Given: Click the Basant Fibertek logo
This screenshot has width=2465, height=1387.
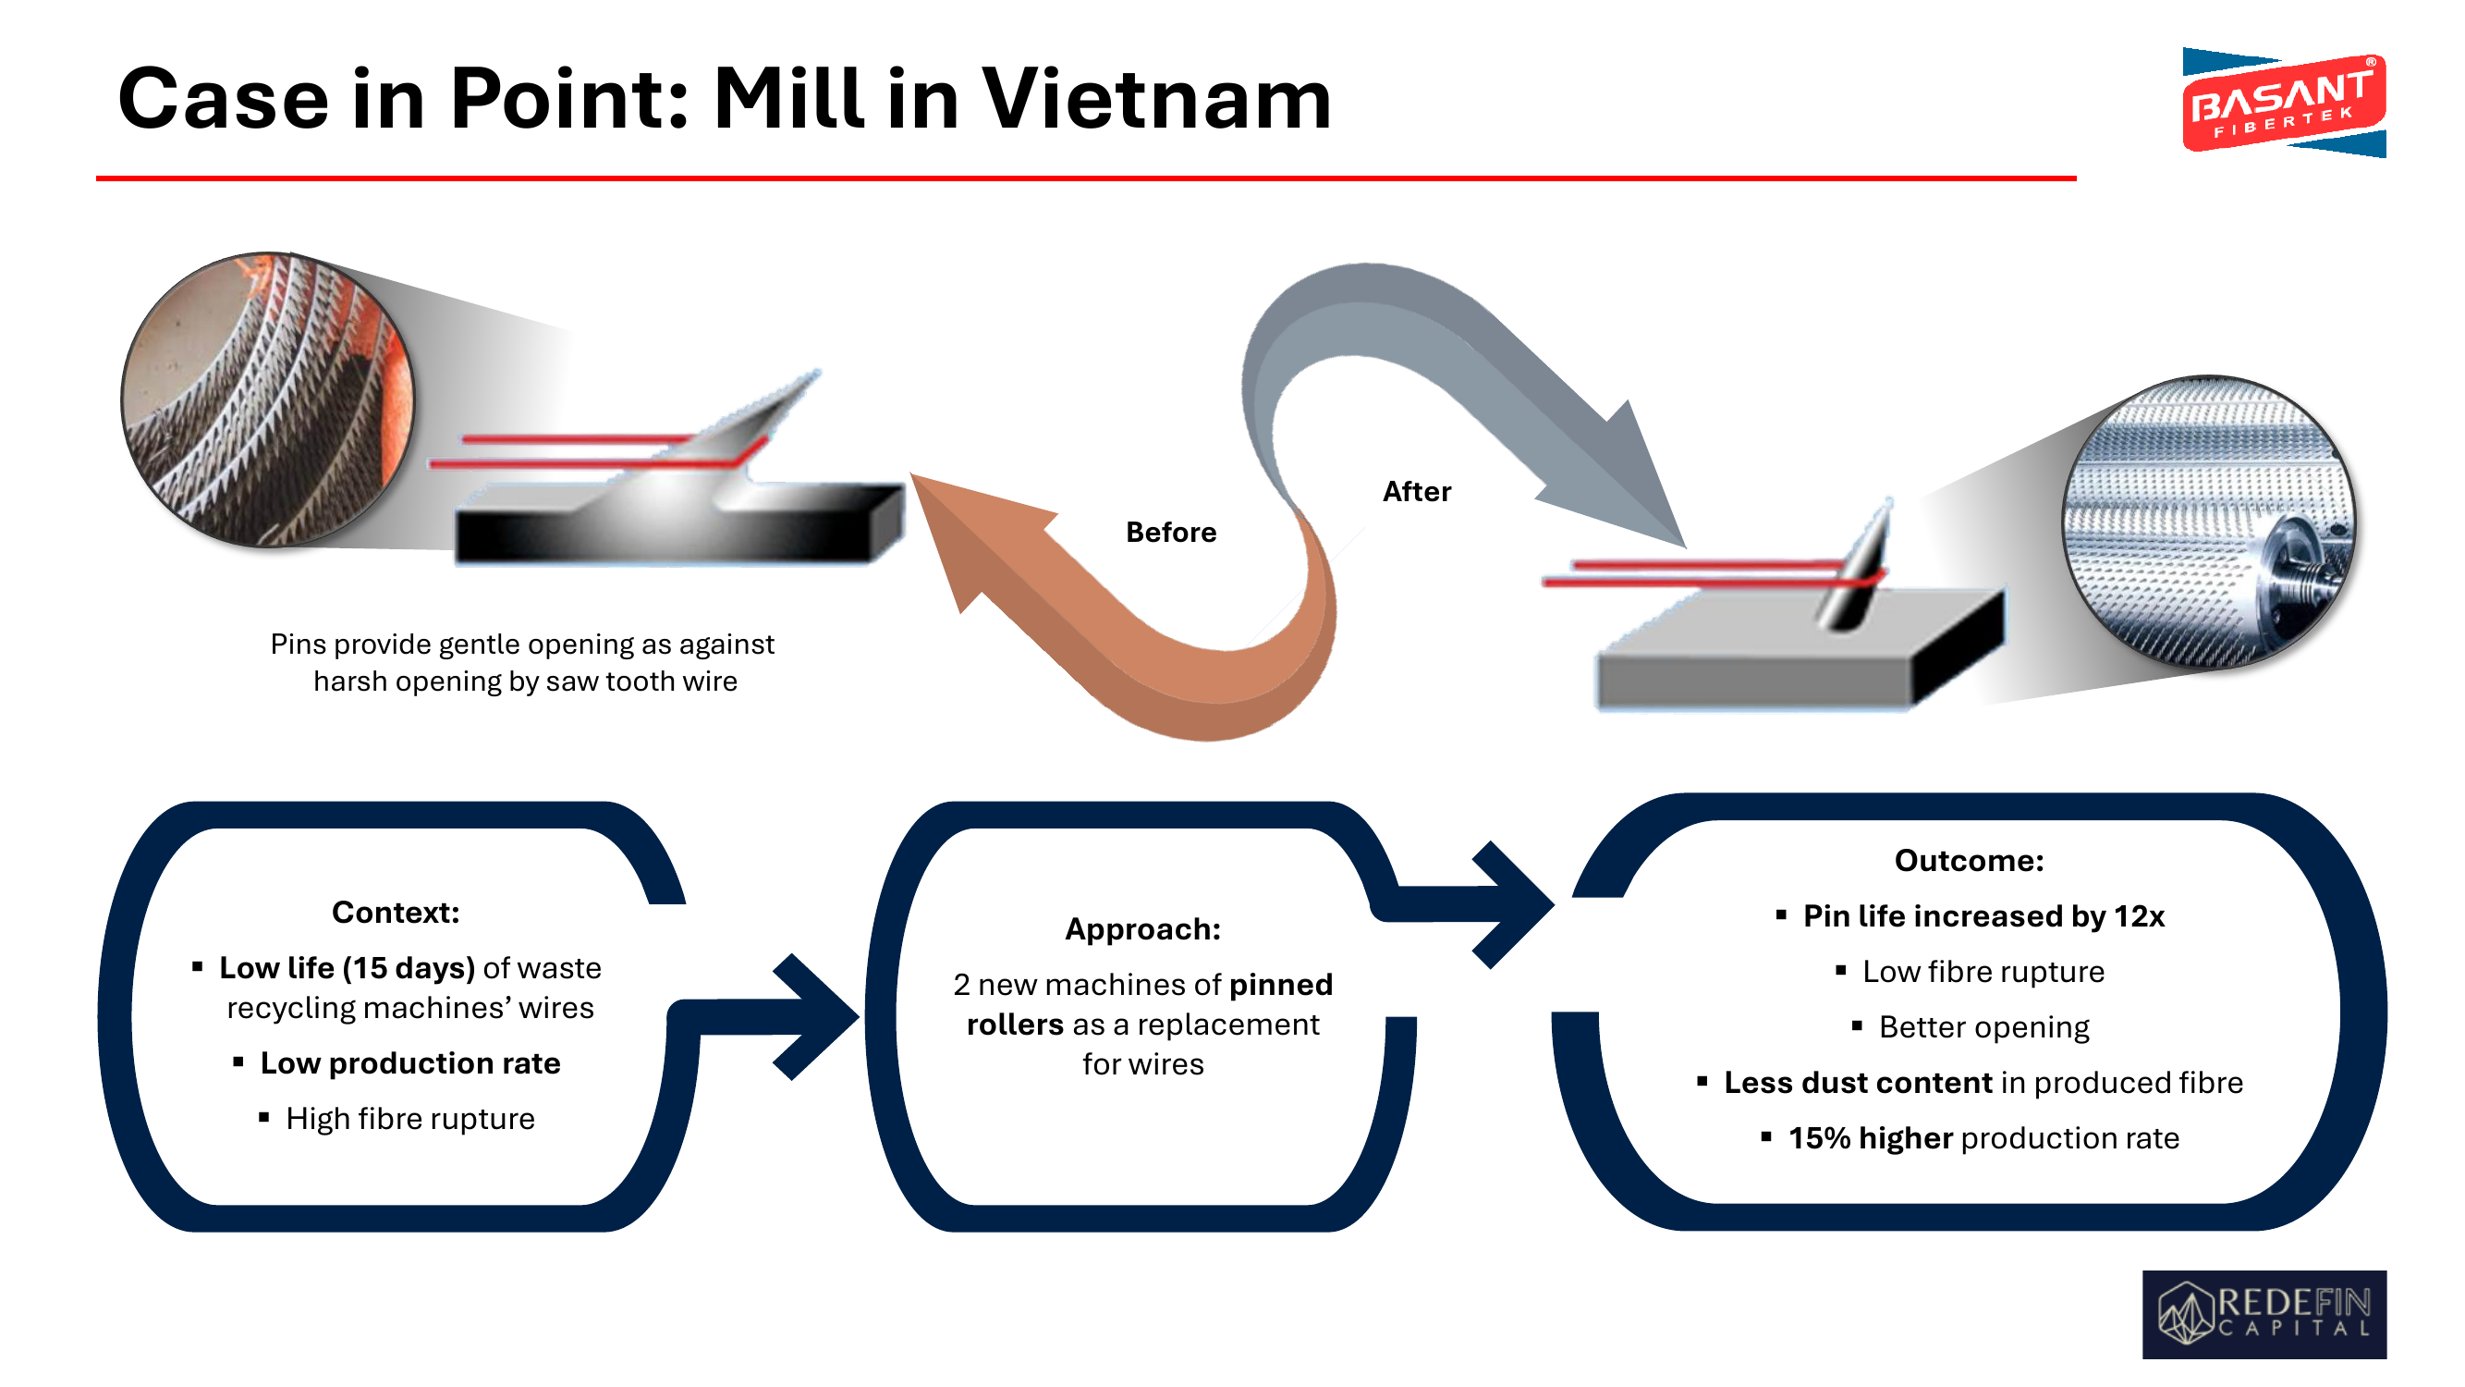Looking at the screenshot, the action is click(2283, 103).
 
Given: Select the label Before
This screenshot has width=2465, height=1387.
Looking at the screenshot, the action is click(1170, 533).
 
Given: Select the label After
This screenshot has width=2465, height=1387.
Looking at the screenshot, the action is click(1416, 492).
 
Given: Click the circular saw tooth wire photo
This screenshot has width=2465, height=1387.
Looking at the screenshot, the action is click(268, 400).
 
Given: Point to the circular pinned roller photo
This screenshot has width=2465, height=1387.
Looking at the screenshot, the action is click(2209, 522).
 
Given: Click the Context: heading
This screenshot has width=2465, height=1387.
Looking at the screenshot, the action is click(396, 913).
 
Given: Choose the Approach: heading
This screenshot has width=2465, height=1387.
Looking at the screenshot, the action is click(1142, 929).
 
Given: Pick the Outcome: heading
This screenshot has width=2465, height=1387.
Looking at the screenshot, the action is click(1969, 861).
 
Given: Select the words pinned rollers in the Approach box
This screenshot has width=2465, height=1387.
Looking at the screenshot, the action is click(1149, 1004).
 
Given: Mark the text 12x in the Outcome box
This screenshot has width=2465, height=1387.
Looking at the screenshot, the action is click(2139, 916).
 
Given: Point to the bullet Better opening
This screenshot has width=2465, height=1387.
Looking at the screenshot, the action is click(1971, 1027).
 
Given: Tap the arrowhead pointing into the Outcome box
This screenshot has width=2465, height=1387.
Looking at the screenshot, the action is click(1513, 904).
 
